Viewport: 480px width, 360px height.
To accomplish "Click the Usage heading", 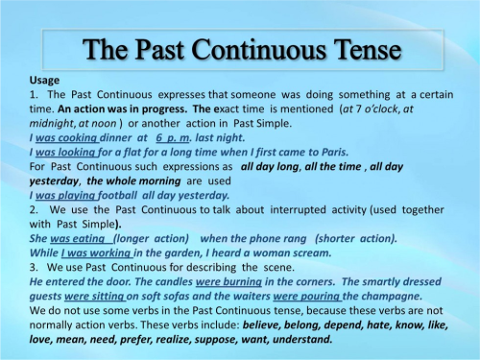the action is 44,80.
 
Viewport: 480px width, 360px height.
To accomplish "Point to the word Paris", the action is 335,152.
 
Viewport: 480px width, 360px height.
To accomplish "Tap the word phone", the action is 264,239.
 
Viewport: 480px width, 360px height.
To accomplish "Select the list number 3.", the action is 34,268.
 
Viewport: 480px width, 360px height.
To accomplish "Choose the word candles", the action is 175,282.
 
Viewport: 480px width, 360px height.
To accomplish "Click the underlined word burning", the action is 243,282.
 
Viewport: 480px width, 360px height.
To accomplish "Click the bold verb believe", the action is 261,325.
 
